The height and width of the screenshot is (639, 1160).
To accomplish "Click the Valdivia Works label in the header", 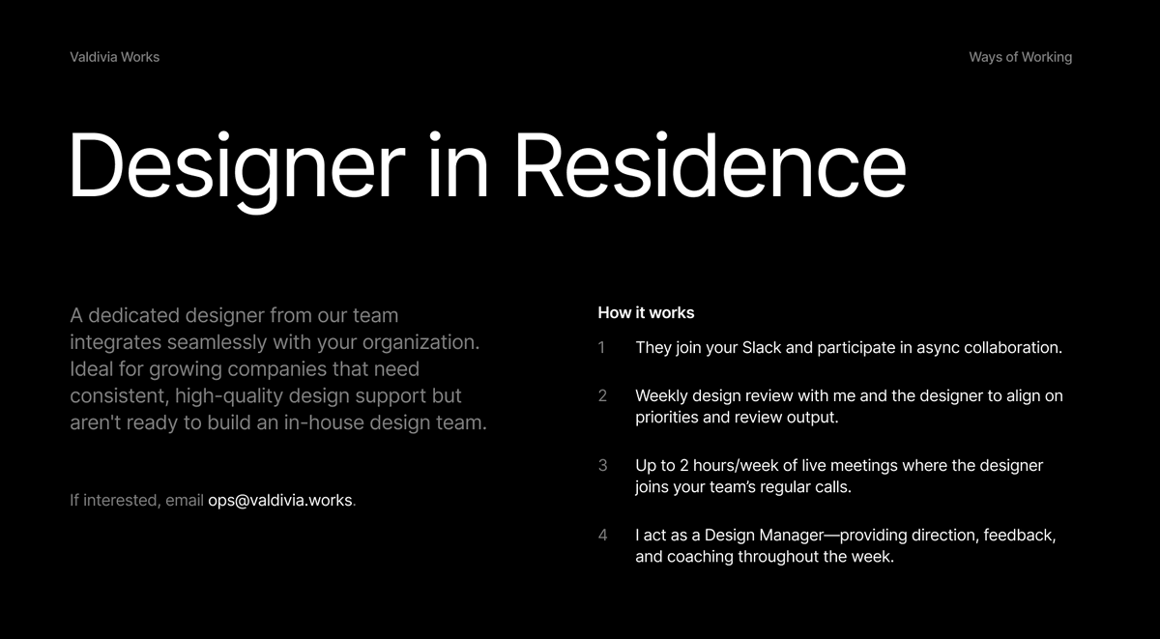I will pyautogui.click(x=114, y=57).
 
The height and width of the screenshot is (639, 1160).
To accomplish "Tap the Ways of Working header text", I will pyautogui.click(x=1020, y=57).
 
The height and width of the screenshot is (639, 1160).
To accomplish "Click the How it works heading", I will pyautogui.click(x=646, y=312).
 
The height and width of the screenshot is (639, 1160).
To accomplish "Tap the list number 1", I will pyautogui.click(x=601, y=348).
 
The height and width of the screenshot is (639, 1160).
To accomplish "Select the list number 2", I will pyautogui.click(x=602, y=396).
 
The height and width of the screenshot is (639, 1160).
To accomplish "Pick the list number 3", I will pyautogui.click(x=602, y=466).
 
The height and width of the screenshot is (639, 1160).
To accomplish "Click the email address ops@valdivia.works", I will pyautogui.click(x=280, y=501).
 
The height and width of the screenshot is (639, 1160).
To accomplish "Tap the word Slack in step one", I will pyautogui.click(x=762, y=348).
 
